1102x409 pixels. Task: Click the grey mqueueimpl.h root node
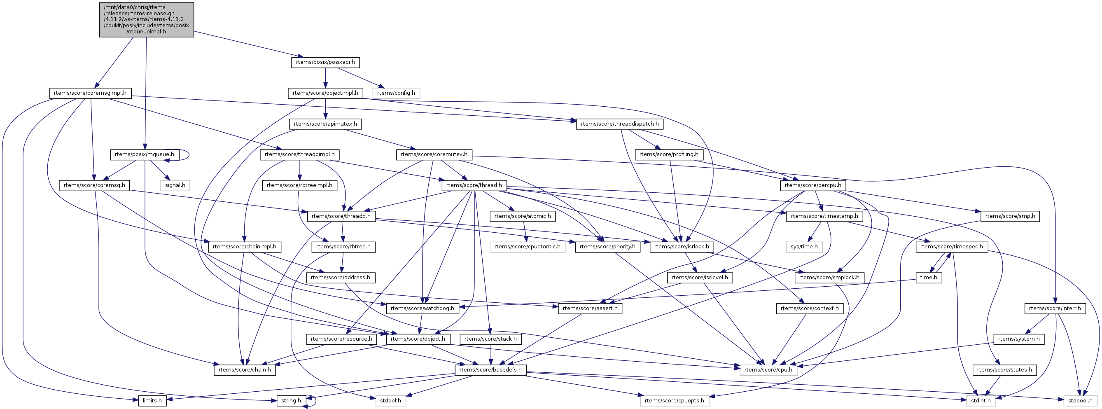[146, 20]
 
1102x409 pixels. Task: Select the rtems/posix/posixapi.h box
[325, 63]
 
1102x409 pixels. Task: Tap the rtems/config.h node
[396, 93]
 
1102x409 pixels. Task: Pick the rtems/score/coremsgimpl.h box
[90, 93]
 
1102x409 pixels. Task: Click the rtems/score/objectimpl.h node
[325, 93]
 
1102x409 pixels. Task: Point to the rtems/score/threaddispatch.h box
[620, 124]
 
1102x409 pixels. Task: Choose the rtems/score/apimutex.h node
[325, 124]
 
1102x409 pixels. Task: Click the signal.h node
[175, 185]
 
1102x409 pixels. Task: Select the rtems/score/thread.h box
[474, 185]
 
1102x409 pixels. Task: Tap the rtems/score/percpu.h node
[813, 185]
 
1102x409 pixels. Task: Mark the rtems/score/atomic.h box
[522, 217]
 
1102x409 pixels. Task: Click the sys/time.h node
[804, 247]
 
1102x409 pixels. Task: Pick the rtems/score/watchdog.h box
[422, 309]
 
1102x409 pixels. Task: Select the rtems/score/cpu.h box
[768, 370]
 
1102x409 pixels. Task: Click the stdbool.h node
[1080, 401]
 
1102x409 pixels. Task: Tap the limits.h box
[152, 401]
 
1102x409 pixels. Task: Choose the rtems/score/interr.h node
[1055, 309]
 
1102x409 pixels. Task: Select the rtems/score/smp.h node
[1010, 217]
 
